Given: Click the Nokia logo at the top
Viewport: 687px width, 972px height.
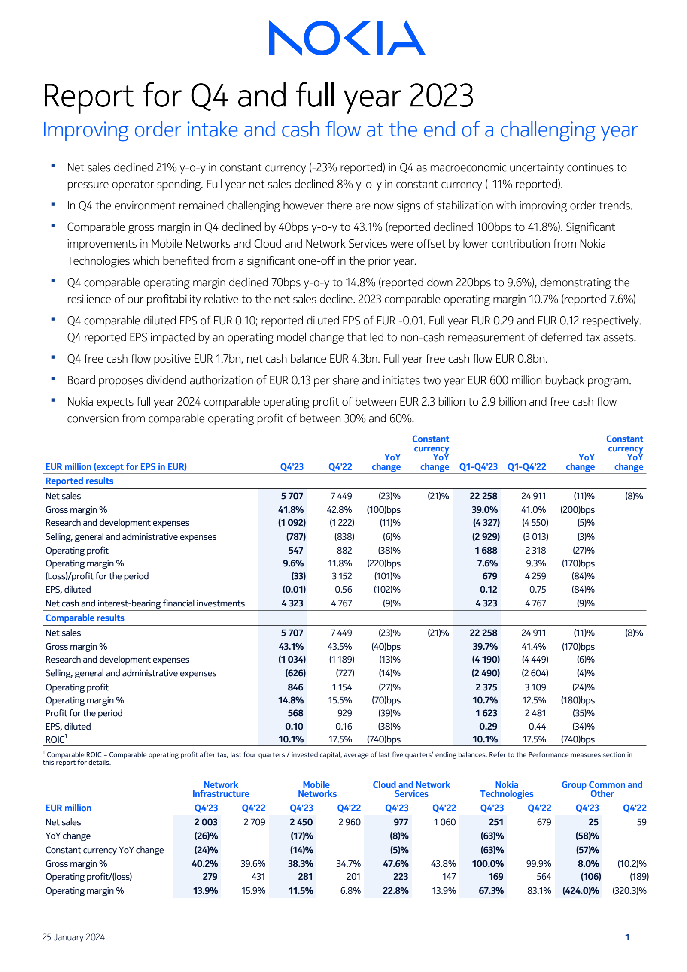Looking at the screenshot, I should pos(347,38).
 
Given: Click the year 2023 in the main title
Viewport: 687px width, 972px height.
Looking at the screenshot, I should pos(441,95).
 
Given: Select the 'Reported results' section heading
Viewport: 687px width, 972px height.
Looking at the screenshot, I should pos(79,481).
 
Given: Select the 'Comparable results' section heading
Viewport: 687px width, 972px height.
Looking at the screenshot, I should pos(85,618).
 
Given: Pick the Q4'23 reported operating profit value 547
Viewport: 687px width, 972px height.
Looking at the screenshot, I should pos(295,551).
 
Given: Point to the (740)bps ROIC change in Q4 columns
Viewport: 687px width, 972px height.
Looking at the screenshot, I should pos(383,739).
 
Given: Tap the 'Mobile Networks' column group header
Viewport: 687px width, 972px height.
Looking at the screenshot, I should pos(317,789).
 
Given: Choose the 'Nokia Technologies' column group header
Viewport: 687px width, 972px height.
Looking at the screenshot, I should pos(507,789).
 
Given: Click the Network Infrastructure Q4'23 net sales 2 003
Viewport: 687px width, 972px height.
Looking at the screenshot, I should pos(206,822).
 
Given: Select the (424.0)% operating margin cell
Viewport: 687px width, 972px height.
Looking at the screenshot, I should pos(581,891).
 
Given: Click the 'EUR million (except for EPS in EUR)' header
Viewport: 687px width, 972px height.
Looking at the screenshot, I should pos(116,467).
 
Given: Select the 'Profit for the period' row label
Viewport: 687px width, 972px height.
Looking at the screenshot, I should pos(84,713).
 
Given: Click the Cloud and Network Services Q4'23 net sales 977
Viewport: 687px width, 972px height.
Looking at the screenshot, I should pos(401,822).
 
